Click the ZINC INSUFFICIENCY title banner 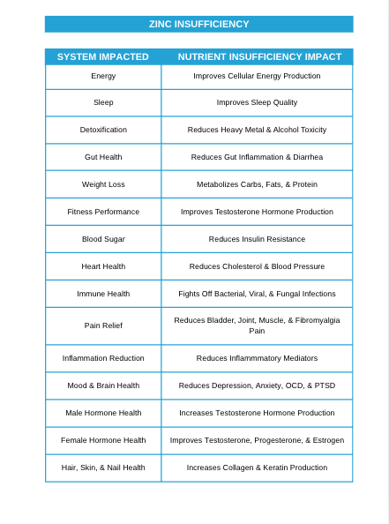198,24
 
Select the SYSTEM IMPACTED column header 103,56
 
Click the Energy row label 103,76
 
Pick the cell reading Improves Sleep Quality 257,102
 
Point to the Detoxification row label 103,130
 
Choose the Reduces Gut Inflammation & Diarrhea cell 257,157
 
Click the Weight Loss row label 103,184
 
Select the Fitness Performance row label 103,212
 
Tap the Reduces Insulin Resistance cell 257,239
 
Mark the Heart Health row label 103,266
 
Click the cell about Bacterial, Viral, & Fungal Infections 257,294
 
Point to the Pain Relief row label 103,326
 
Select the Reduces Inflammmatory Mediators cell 257,358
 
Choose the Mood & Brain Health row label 103,386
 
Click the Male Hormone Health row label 103,413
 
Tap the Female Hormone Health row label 103,440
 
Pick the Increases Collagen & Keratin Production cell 257,468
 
